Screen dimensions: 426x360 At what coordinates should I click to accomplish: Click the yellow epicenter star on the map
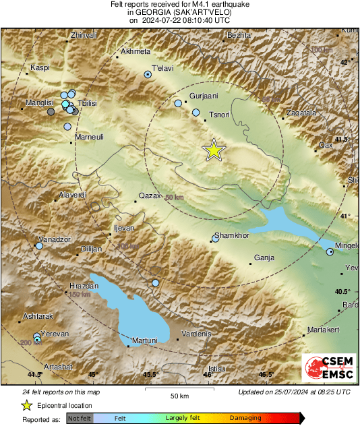point(214,150)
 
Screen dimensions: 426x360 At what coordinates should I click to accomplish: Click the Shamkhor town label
point(229,237)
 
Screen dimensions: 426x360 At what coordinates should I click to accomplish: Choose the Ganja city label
point(266,257)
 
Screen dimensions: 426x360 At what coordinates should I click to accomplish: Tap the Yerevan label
point(54,334)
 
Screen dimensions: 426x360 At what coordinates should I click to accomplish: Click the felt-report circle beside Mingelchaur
point(330,252)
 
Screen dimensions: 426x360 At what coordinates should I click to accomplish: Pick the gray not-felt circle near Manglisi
point(51,113)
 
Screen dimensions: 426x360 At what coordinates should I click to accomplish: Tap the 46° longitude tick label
point(208,374)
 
